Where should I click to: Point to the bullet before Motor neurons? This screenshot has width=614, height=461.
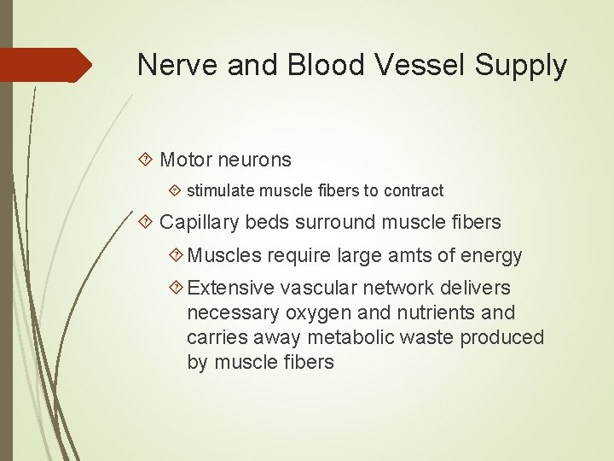click(x=147, y=160)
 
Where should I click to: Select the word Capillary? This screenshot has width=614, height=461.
click(x=200, y=222)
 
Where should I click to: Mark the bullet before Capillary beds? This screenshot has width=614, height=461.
click(x=147, y=222)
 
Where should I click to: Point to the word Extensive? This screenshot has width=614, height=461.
click(x=230, y=288)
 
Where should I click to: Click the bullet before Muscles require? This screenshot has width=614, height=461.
click(x=177, y=255)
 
